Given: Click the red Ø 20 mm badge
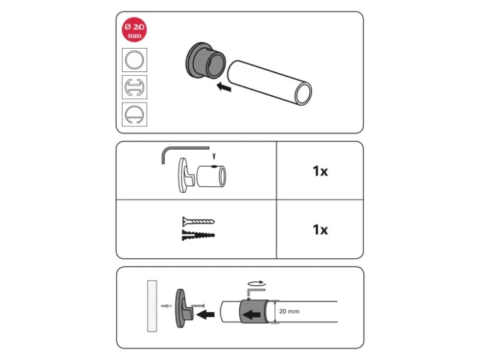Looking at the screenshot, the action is (134, 30).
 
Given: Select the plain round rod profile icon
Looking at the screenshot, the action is (134, 60).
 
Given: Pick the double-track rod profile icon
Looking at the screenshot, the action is (134, 88).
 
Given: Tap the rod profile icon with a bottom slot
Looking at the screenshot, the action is (134, 115).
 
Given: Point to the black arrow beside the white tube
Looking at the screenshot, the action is (224, 88).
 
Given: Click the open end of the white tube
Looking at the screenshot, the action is (303, 93).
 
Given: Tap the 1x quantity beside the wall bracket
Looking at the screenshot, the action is (320, 171).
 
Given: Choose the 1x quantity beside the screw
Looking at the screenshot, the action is (320, 230).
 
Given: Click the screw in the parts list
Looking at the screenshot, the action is (198, 221).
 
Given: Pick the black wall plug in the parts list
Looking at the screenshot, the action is (198, 235).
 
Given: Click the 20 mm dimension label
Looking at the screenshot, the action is (289, 311).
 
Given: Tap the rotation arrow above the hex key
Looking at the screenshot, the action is (256, 283).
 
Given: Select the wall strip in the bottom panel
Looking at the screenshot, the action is (152, 306).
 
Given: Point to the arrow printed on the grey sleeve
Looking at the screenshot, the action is (252, 315).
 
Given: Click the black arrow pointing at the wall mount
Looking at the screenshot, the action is (206, 314).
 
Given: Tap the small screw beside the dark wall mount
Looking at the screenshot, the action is (198, 306).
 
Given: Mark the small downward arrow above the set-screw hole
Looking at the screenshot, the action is (214, 156).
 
